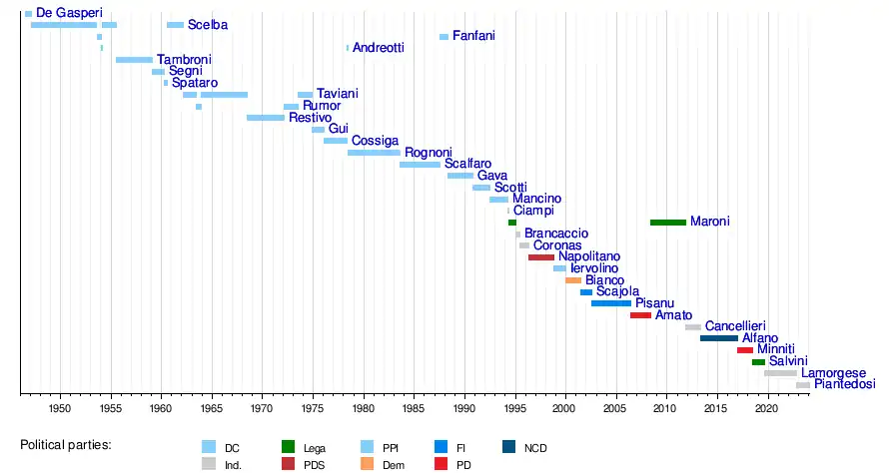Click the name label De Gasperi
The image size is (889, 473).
click(x=69, y=12)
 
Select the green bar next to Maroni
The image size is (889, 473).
click(x=667, y=223)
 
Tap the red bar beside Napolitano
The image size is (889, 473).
click(x=540, y=257)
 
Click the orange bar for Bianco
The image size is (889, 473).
click(x=572, y=280)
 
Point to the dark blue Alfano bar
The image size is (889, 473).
click(x=718, y=338)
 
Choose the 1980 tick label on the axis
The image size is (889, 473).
click(x=363, y=409)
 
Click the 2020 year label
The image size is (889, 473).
click(x=766, y=409)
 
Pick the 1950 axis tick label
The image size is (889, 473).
click(x=59, y=409)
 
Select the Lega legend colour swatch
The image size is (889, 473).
click(x=289, y=447)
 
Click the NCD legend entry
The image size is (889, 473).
click(x=535, y=448)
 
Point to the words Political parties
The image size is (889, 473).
click(x=65, y=444)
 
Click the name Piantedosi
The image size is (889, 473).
click(x=844, y=384)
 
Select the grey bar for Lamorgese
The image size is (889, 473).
click(x=780, y=373)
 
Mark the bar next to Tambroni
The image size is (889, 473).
click(x=134, y=60)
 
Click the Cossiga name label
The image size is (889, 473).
click(x=375, y=141)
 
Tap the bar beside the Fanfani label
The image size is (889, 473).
click(x=444, y=37)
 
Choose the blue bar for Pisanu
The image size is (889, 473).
click(x=610, y=303)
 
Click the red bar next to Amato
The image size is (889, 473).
click(x=640, y=315)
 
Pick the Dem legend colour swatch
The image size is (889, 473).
click(x=367, y=464)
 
